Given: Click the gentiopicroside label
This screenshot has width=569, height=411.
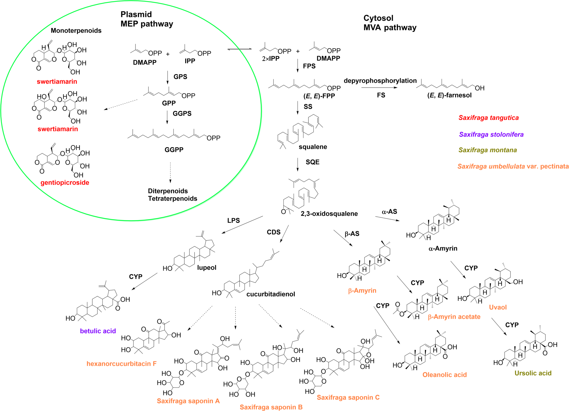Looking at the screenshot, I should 65,183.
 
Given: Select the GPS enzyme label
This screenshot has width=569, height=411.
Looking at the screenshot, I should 180,77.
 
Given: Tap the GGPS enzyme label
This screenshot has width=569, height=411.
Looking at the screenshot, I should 182,113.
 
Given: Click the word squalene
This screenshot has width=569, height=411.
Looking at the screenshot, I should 313,147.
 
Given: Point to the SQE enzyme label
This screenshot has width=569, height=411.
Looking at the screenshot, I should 312,162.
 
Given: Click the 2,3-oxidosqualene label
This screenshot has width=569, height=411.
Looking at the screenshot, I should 329,214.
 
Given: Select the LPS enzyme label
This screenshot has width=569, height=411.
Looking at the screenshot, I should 233,220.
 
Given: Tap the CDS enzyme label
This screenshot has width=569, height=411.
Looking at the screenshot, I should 273,232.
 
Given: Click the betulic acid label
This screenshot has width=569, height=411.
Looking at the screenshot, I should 98,331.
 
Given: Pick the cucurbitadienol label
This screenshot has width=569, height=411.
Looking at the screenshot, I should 271,294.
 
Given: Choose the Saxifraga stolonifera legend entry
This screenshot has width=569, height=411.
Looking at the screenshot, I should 491,134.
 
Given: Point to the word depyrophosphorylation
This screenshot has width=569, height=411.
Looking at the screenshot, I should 380,81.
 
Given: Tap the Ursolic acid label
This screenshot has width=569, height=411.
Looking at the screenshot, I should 533,373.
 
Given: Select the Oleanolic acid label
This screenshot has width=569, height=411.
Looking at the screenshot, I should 444,375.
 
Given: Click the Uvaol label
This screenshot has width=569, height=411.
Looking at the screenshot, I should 498,307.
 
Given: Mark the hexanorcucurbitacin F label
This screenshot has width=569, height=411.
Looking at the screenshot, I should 121,363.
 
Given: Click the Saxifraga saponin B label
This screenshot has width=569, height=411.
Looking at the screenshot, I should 271,407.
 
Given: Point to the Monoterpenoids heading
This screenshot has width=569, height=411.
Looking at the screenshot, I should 76,30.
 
